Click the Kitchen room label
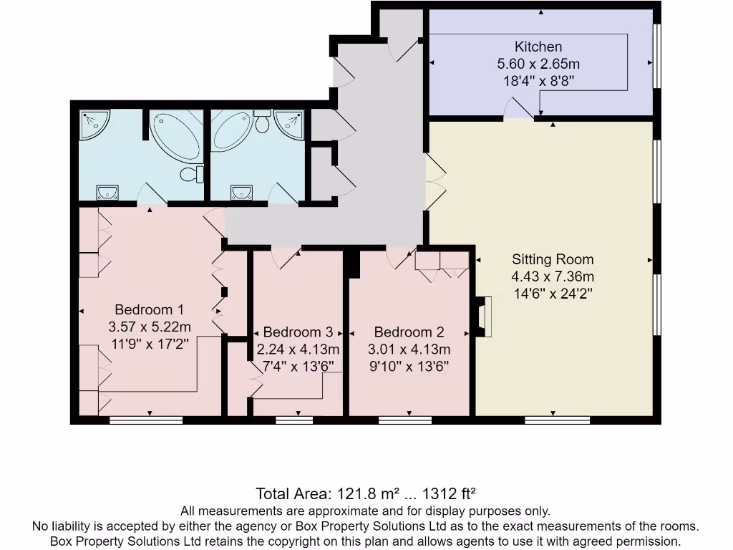(x=539, y=47)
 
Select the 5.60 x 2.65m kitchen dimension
(x=539, y=64)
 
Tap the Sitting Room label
(x=553, y=259)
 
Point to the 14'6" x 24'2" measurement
(x=553, y=293)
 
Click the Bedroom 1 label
(x=150, y=309)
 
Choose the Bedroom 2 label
(x=409, y=332)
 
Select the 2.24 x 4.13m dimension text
(x=298, y=349)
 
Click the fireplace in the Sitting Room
(x=485, y=317)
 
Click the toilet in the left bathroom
(x=192, y=174)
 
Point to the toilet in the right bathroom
(x=262, y=123)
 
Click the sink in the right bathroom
(x=241, y=191)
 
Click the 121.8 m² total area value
(x=358, y=494)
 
